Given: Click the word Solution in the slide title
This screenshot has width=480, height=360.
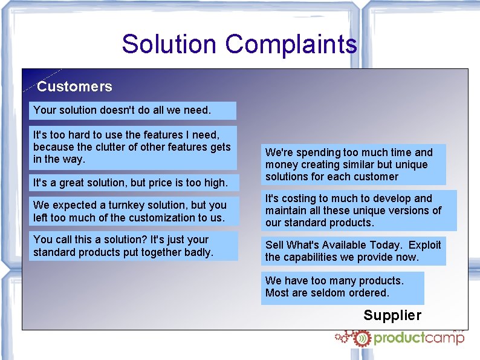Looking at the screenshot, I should pos(169,45).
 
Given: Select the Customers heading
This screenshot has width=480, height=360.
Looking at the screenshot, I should pos(74,87).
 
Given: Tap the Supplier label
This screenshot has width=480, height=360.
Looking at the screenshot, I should pos(392,315).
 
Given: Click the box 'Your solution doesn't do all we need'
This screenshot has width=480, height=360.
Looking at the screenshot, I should pos(133,110).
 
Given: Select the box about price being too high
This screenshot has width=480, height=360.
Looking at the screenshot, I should pos(133,182).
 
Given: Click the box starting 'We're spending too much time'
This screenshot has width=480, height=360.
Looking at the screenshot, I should pos(354,164).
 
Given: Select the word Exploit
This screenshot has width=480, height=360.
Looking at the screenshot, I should pos(425,245).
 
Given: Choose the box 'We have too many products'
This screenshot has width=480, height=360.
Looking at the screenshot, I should pos(342,287).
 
